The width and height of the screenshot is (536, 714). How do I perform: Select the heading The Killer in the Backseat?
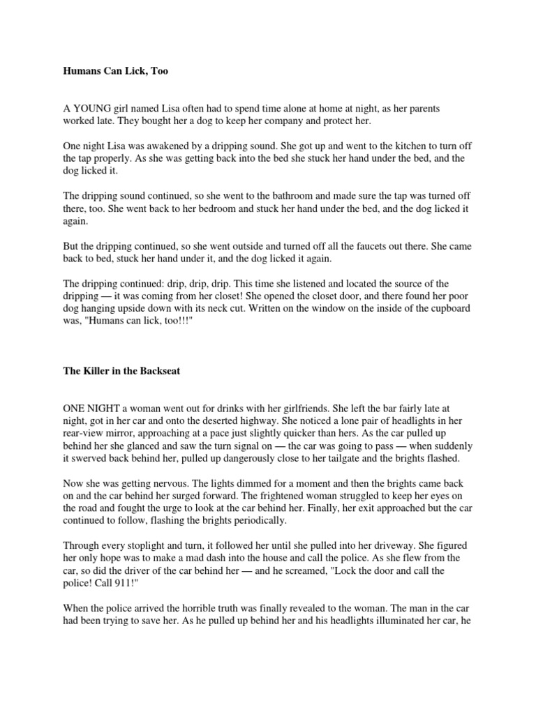tap(121, 371)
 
